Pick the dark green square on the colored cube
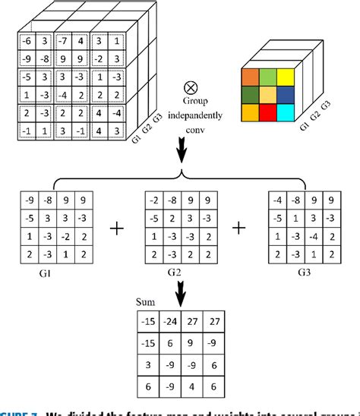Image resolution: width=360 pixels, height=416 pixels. point(251,95)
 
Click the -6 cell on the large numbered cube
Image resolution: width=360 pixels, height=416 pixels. point(25,40)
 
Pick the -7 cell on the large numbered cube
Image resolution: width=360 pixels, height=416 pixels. point(65,40)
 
